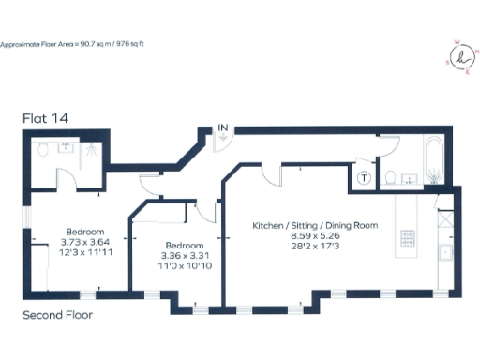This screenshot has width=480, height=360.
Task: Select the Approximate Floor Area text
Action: [74, 43]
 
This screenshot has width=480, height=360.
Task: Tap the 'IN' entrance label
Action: [223, 127]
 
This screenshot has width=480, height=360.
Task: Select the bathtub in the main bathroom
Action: [435, 159]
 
